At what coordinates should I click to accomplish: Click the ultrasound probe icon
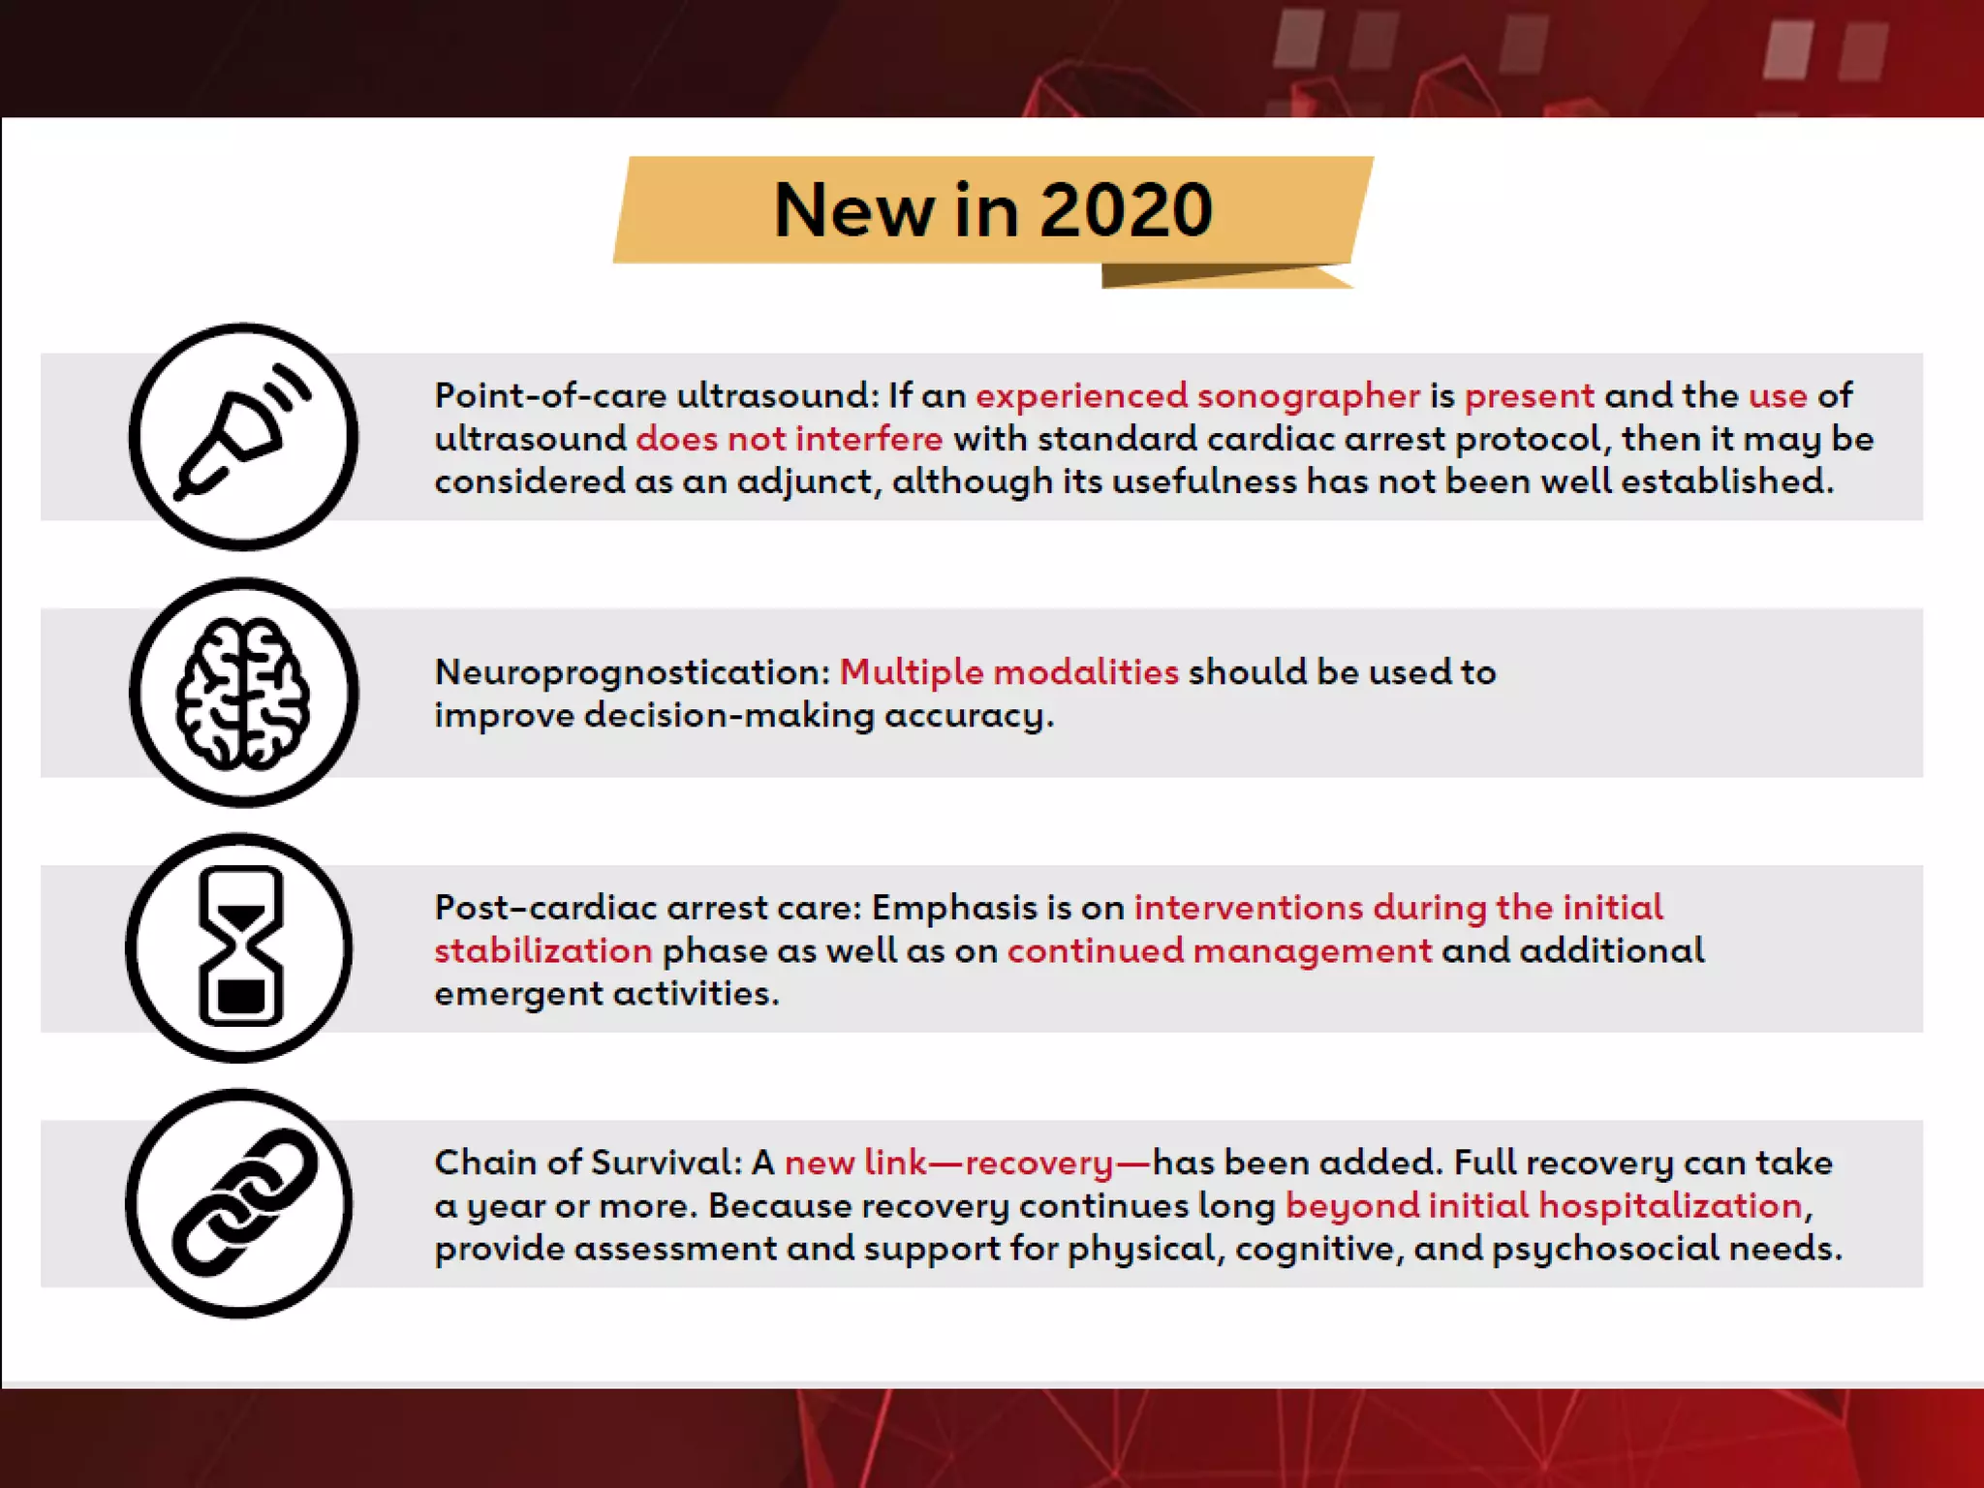point(243,437)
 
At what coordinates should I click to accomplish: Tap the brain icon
point(243,693)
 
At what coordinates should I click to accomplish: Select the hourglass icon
point(240,947)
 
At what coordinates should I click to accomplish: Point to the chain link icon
point(242,1203)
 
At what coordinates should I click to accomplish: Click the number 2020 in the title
point(1126,210)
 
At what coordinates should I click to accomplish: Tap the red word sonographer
point(1309,396)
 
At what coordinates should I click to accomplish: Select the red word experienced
point(1081,396)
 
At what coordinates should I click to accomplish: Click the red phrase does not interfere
point(790,439)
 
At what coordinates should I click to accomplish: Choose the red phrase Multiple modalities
point(1008,672)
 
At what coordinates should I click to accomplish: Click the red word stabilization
point(543,950)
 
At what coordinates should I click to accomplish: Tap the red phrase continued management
point(1220,950)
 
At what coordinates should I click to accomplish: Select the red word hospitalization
point(1670,1206)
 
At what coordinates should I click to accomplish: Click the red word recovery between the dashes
point(1038,1162)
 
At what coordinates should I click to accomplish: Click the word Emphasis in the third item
point(954,908)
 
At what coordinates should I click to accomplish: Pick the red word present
point(1529,396)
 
